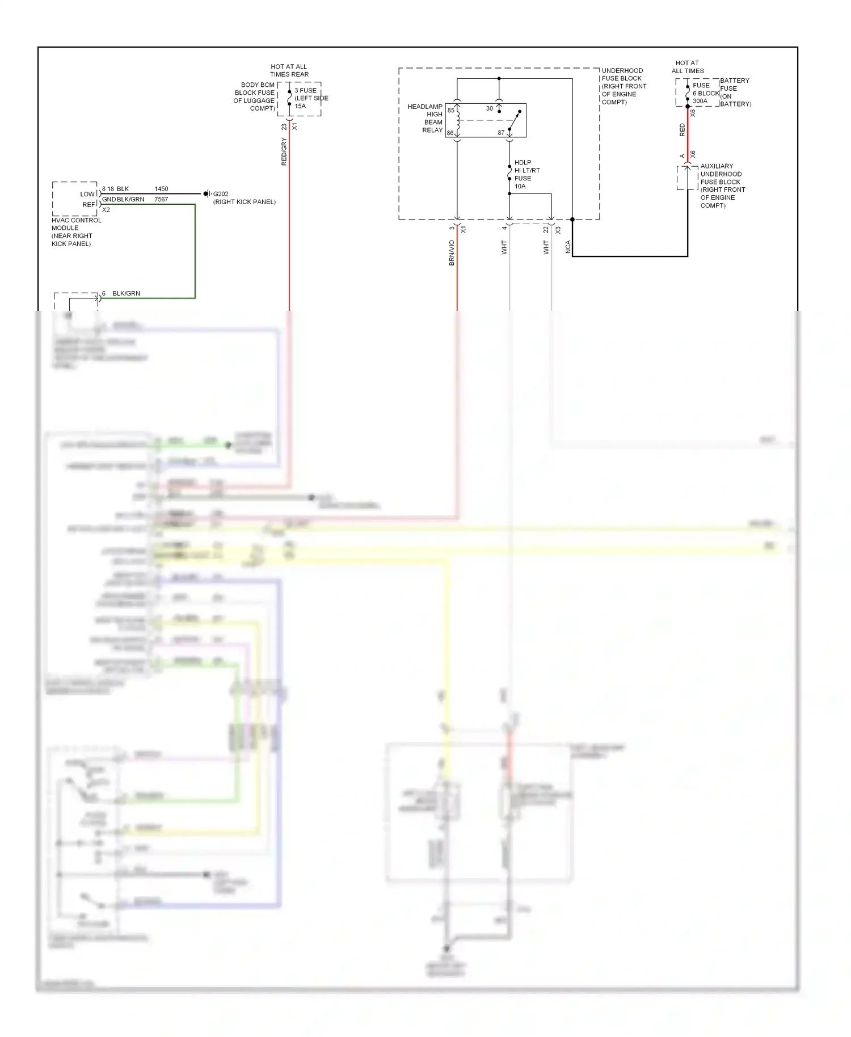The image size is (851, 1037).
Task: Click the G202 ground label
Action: (x=221, y=194)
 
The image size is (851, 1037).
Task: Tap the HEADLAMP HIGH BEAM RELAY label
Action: (x=425, y=118)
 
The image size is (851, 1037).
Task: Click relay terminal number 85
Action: (x=451, y=111)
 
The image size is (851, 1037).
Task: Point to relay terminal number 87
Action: (x=501, y=133)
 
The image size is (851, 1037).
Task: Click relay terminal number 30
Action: (x=489, y=108)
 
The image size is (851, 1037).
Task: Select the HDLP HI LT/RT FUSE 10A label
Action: (x=526, y=174)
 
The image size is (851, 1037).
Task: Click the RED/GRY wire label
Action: (x=284, y=151)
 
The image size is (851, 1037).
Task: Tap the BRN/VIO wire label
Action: (x=452, y=252)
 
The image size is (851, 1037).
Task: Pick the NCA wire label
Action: (x=568, y=247)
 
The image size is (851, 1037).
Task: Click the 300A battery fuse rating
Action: (x=700, y=101)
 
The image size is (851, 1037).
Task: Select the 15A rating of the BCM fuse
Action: (x=300, y=106)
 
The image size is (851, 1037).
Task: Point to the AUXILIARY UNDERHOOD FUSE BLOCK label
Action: (x=722, y=186)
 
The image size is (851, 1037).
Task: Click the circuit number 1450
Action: (x=161, y=189)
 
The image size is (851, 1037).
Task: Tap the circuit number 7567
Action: (x=161, y=200)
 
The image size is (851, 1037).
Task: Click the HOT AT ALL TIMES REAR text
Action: (x=289, y=70)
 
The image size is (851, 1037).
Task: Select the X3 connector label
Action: (x=558, y=230)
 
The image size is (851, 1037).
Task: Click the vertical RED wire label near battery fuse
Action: (x=682, y=130)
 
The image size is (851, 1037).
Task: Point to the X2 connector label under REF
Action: (x=106, y=210)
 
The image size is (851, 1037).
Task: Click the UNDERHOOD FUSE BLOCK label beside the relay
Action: (x=623, y=86)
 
